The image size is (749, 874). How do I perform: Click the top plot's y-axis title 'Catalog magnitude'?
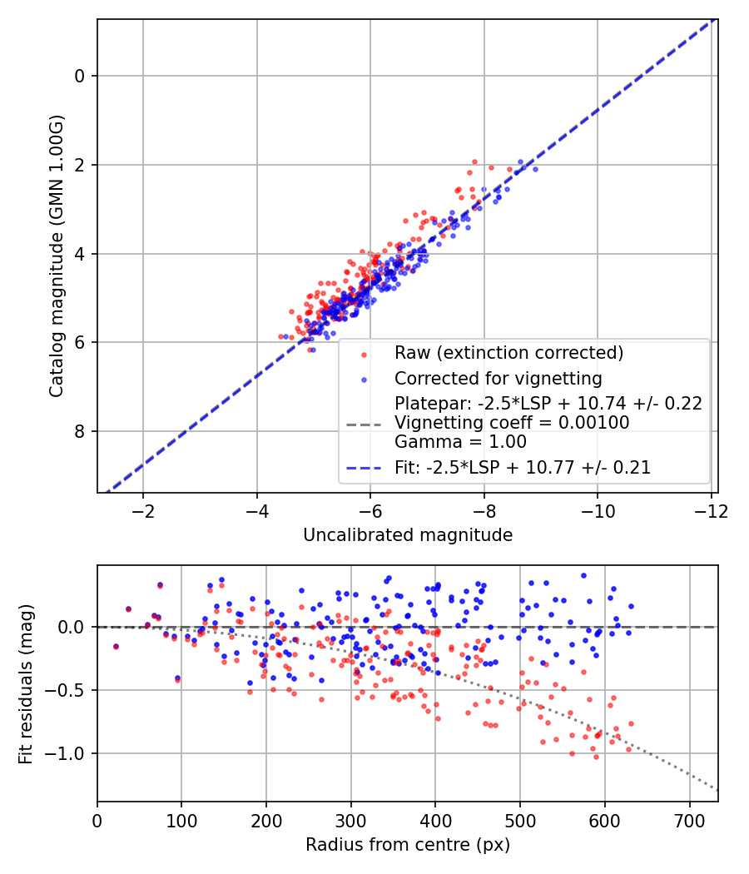pyautogui.click(x=56, y=256)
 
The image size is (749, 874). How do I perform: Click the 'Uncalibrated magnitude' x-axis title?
pyautogui.click(x=407, y=534)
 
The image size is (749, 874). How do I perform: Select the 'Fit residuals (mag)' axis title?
pyautogui.click(x=26, y=683)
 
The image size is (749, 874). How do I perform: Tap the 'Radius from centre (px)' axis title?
pyautogui.click(x=407, y=845)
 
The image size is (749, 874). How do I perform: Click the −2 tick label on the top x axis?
pyautogui.click(x=143, y=509)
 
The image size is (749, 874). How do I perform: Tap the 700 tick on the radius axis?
pyautogui.click(x=690, y=818)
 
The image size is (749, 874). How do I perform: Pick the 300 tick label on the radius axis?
pyautogui.click(x=350, y=818)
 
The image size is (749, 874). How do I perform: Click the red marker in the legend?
pyautogui.click(x=364, y=354)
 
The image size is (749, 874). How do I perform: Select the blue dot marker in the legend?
pyautogui.click(x=364, y=380)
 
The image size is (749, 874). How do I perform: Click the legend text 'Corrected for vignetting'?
pyautogui.click(x=498, y=379)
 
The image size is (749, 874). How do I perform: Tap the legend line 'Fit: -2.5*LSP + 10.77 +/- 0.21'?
pyautogui.click(x=523, y=468)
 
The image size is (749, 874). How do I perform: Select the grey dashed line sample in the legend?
pyautogui.click(x=364, y=424)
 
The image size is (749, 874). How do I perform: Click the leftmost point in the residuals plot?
pyautogui.click(x=116, y=646)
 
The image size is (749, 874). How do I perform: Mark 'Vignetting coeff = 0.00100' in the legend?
pyautogui.click(x=511, y=423)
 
